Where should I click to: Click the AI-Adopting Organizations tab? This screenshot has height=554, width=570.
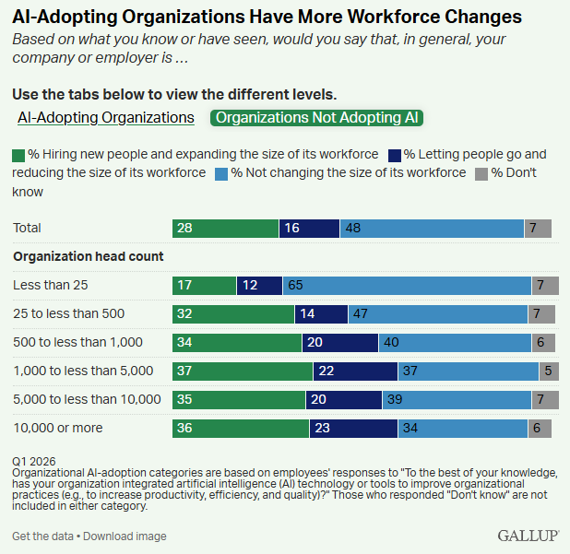pos(106,118)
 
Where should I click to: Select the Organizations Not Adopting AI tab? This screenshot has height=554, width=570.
pos(317,118)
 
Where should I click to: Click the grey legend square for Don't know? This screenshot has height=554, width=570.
pos(481,173)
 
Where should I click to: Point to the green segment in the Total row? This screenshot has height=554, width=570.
pos(225,228)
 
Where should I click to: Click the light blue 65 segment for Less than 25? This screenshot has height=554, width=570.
pos(407,286)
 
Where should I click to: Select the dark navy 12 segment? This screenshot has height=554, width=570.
pos(259,286)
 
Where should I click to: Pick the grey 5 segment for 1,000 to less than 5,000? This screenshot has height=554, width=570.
pos(551,371)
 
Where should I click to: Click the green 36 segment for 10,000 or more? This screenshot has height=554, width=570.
pos(241,428)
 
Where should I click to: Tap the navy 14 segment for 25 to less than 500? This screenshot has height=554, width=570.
pos(321,314)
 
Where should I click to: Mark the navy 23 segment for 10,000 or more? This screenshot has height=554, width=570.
pos(353,428)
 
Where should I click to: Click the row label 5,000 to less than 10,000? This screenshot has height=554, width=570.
pos(87,399)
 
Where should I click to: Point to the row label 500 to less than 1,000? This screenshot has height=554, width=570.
pos(77,343)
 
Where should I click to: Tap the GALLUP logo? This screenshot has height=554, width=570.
pos(528,536)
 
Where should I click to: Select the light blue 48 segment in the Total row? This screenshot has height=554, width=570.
pos(432,228)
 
